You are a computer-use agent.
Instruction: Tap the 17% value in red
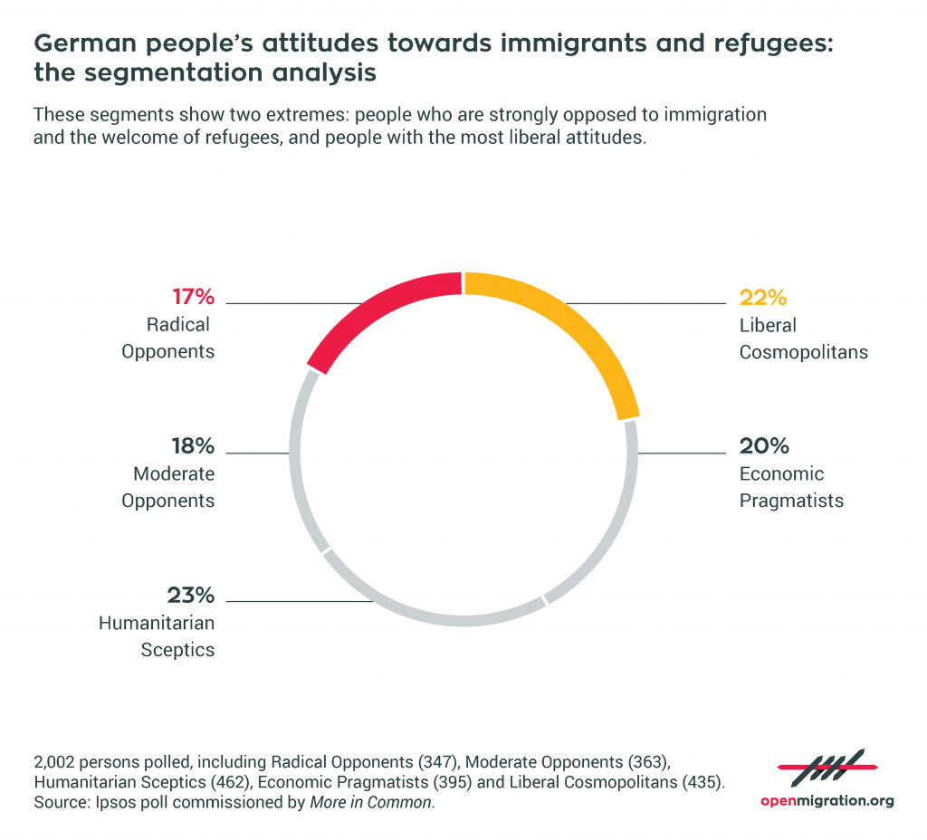pyautogui.click(x=193, y=297)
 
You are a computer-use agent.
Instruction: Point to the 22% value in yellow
pyautogui.click(x=764, y=297)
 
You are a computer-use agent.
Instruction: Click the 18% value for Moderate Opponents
pyautogui.click(x=192, y=446)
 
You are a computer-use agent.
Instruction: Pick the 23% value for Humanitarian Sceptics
pyautogui.click(x=191, y=595)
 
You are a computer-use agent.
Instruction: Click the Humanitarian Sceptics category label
pyautogui.click(x=157, y=636)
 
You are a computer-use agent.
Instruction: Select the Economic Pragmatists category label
pyautogui.click(x=791, y=487)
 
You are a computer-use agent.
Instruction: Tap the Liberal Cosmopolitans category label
pyautogui.click(x=803, y=339)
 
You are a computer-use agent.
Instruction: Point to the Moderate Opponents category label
pyautogui.click(x=174, y=487)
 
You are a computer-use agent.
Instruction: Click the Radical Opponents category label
pyautogui.click(x=168, y=339)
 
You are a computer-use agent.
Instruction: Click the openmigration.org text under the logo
pyautogui.click(x=827, y=801)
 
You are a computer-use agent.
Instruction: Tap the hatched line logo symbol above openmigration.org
pyautogui.click(x=827, y=768)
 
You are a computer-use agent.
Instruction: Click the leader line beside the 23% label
pyautogui.click(x=299, y=601)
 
